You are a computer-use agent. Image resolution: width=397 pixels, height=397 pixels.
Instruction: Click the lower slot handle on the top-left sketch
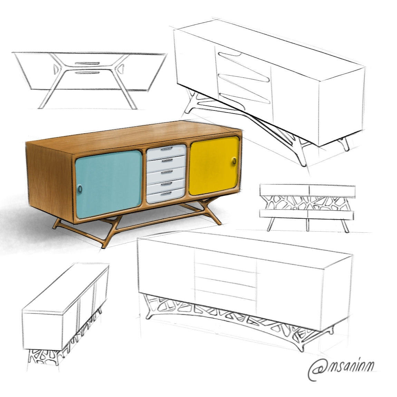86,73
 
